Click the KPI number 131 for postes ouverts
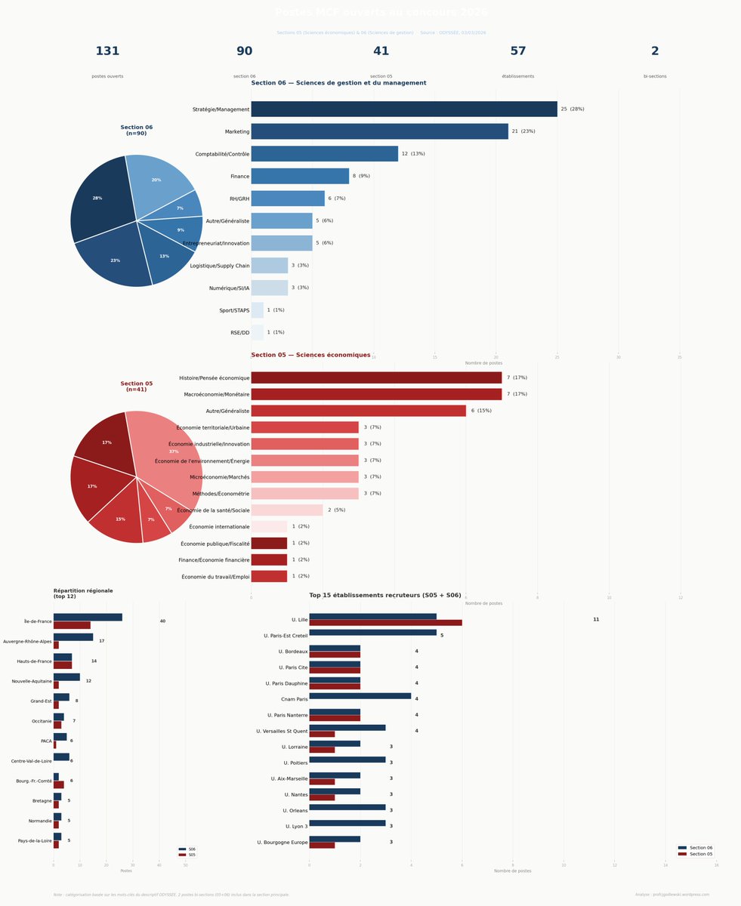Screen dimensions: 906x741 coord(107,51)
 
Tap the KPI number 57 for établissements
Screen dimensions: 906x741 coord(517,51)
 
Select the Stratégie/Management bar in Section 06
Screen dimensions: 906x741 coord(404,109)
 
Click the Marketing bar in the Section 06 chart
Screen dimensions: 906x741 coord(379,131)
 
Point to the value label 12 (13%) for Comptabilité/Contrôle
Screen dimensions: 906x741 coord(413,154)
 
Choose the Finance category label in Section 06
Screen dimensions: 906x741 coord(239,177)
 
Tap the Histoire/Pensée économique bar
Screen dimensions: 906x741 coord(376,377)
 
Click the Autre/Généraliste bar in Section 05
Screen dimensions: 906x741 coord(358,411)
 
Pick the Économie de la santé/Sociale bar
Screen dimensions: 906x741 coord(287,510)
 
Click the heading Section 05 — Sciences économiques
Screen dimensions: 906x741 coord(310,355)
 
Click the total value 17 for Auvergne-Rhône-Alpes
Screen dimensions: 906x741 coord(102,641)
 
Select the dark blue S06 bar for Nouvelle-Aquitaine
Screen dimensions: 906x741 coord(66,677)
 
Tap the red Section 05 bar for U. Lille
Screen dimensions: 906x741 coord(385,623)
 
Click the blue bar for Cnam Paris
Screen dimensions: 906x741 coord(360,696)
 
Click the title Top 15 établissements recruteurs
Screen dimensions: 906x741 coord(384,596)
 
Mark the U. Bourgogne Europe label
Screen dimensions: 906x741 coord(282,843)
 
